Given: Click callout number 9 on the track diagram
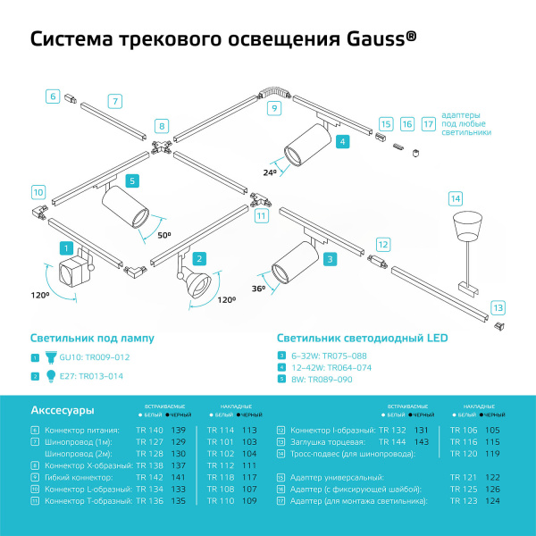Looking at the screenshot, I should tap(275, 108).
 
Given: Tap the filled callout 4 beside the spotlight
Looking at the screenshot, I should tap(342, 141).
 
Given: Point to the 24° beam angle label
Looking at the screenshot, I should tap(271, 171).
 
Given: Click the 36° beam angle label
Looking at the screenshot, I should tap(258, 288).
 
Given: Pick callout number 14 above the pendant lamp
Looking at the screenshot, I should tap(456, 197).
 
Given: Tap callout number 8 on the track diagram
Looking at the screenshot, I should tap(161, 126).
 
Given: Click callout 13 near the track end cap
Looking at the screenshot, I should tap(498, 307).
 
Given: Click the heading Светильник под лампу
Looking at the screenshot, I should tap(91, 339).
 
